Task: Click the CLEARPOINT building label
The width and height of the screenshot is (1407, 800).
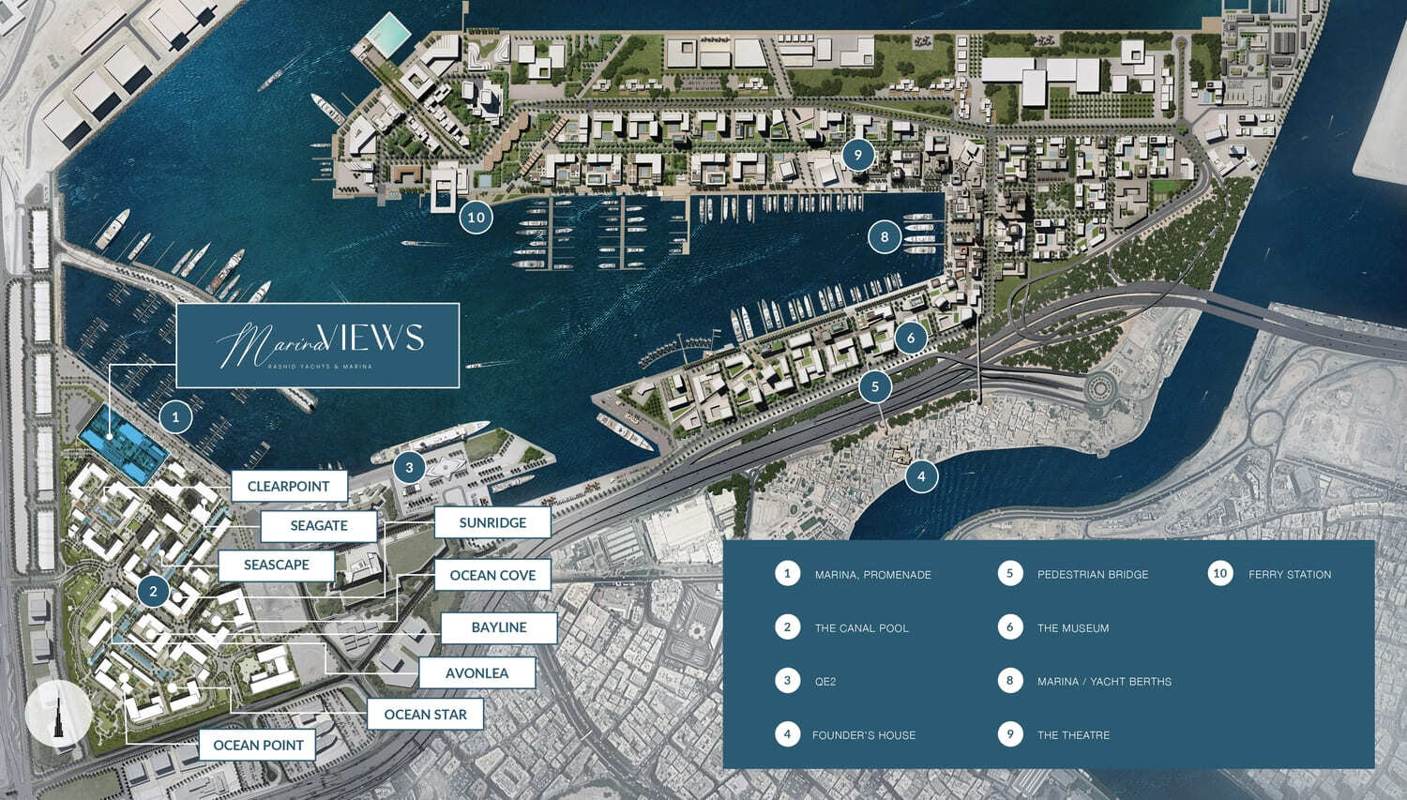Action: pyautogui.click(x=289, y=486)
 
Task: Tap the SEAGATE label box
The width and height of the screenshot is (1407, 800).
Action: pyautogui.click(x=319, y=525)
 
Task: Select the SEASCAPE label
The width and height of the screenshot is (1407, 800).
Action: pyautogui.click(x=277, y=565)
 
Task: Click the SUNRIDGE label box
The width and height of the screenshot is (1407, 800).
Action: pyautogui.click(x=492, y=522)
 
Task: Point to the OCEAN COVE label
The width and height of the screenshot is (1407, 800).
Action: pyautogui.click(x=492, y=575)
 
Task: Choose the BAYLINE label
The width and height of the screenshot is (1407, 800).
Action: pyautogui.click(x=499, y=627)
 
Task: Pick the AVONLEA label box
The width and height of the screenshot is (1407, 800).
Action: pyautogui.click(x=477, y=672)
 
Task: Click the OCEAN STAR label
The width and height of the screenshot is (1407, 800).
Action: pyautogui.click(x=425, y=714)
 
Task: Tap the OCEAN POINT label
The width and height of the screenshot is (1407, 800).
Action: pyautogui.click(x=258, y=745)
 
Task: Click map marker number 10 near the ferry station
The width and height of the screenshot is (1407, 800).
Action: pyautogui.click(x=477, y=218)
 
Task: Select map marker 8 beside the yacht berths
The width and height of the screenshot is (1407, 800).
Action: pyautogui.click(x=884, y=237)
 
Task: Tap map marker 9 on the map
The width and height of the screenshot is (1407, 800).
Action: pyautogui.click(x=857, y=155)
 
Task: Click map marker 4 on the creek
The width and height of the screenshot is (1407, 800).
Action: pyautogui.click(x=921, y=476)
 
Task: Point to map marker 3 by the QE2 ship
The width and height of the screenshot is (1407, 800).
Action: pyautogui.click(x=409, y=467)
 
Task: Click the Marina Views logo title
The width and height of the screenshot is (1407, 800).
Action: pyautogui.click(x=318, y=344)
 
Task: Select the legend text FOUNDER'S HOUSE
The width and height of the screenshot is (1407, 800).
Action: pyautogui.click(x=864, y=735)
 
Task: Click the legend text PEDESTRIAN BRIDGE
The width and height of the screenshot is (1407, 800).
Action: pyautogui.click(x=1093, y=574)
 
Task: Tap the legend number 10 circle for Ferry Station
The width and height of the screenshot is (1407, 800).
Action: pyautogui.click(x=1219, y=573)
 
